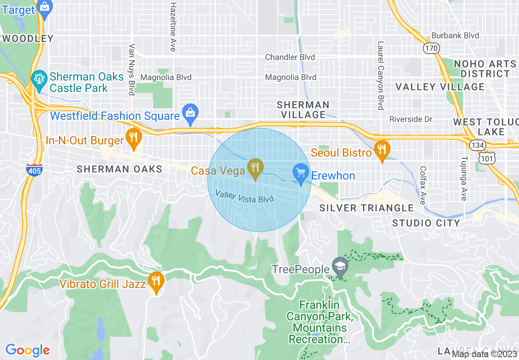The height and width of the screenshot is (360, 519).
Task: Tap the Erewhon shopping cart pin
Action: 301,173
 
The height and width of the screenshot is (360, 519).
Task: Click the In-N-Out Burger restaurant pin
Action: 133,138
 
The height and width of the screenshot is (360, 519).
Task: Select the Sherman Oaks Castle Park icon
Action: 39,79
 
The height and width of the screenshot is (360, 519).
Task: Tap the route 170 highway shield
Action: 431,48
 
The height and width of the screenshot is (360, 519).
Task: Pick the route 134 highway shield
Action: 476,144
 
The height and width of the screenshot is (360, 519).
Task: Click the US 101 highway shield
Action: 489,157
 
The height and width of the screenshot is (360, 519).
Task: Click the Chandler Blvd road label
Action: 290,57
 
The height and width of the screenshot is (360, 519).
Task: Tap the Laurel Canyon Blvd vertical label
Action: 381,76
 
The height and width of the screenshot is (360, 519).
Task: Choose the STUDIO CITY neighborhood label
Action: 426,223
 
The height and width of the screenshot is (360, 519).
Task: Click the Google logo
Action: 27,350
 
